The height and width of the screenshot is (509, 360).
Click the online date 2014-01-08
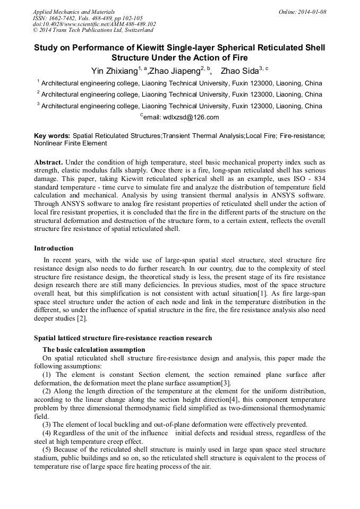coord(312,12)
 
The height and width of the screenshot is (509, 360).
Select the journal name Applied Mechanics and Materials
coord(74,12)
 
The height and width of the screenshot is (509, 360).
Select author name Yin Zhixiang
coord(114,71)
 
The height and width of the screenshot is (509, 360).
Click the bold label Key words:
coord(52,136)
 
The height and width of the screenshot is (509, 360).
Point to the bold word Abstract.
coord(48,162)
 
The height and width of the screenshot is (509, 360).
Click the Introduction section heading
coord(54,248)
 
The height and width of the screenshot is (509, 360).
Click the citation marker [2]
coord(81,319)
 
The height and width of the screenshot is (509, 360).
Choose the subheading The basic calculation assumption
coord(93,350)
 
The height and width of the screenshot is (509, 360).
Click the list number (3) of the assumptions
coord(47,425)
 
